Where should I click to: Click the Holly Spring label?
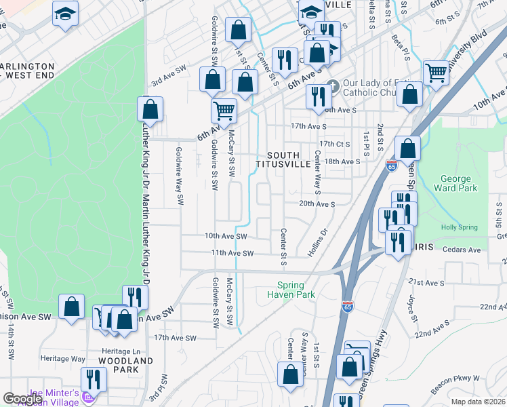459,228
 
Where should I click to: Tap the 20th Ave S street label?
317,204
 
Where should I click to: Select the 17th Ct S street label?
334,144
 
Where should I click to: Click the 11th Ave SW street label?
232,253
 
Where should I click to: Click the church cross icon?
332,87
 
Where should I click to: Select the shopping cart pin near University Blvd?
435,73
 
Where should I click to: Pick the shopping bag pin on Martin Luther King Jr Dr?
150,109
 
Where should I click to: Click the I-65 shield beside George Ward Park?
391,165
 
